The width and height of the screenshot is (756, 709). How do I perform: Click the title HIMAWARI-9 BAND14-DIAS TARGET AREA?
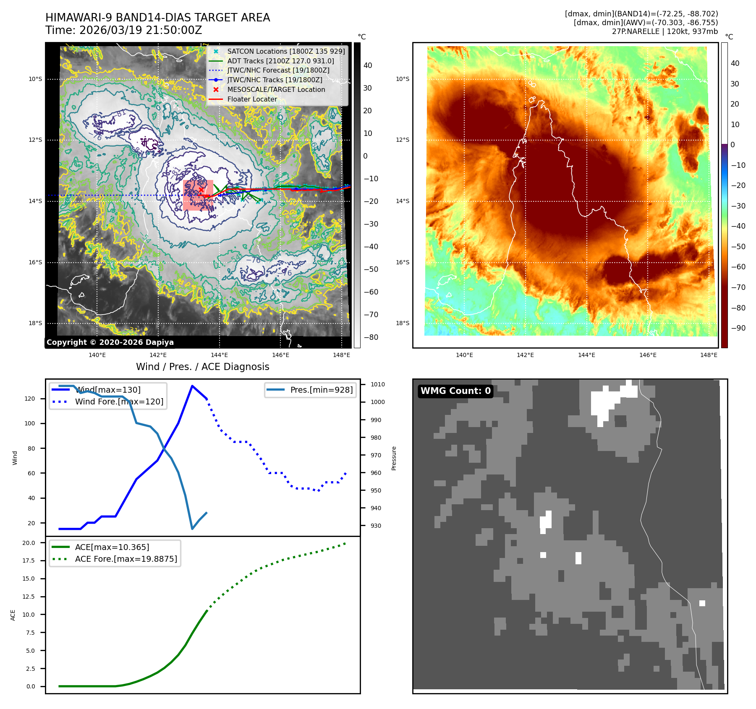tap(157, 18)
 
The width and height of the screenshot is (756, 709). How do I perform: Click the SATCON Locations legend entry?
tap(285, 51)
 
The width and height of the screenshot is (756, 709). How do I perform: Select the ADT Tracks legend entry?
tap(280, 61)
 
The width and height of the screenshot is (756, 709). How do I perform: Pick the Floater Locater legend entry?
tap(252, 99)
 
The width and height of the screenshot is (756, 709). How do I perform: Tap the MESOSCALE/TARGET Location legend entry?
tap(276, 89)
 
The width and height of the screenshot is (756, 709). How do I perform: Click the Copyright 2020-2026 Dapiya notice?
tap(110, 342)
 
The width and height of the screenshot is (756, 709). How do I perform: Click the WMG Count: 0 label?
tap(455, 391)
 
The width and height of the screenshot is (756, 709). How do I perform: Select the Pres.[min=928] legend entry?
tap(321, 390)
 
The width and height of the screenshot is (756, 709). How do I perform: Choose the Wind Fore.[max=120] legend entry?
tap(119, 401)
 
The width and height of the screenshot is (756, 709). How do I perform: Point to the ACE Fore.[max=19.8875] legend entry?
tap(126, 559)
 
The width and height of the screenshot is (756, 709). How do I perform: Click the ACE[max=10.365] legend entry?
tap(112, 547)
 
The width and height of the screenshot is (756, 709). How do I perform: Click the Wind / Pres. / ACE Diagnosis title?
tap(202, 367)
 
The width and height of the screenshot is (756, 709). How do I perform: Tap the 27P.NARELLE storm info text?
tap(664, 31)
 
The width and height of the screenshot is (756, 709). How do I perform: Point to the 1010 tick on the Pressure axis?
tap(377, 384)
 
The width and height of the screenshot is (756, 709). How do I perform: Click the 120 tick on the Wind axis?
tap(30, 399)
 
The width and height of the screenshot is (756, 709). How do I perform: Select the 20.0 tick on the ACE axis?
tap(29, 543)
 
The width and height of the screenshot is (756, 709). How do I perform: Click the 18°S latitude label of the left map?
tap(35, 323)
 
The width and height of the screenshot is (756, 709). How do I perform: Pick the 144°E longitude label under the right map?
tap(586, 355)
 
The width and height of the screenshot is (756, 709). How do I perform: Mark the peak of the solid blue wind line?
tap(192, 386)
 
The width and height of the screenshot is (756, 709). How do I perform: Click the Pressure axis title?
tap(394, 458)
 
